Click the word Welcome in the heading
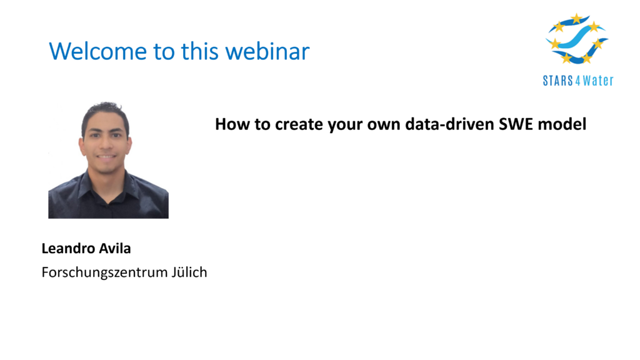[98, 51]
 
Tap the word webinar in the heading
[267, 51]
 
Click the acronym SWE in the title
[516, 124]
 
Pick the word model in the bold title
[562, 124]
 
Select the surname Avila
[116, 248]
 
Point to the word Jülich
[189, 272]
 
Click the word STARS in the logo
[558, 81]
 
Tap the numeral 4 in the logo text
[577, 81]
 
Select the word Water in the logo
[598, 81]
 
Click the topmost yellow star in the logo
[576, 18]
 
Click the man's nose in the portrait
[106, 144]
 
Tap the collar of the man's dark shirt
[107, 182]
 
